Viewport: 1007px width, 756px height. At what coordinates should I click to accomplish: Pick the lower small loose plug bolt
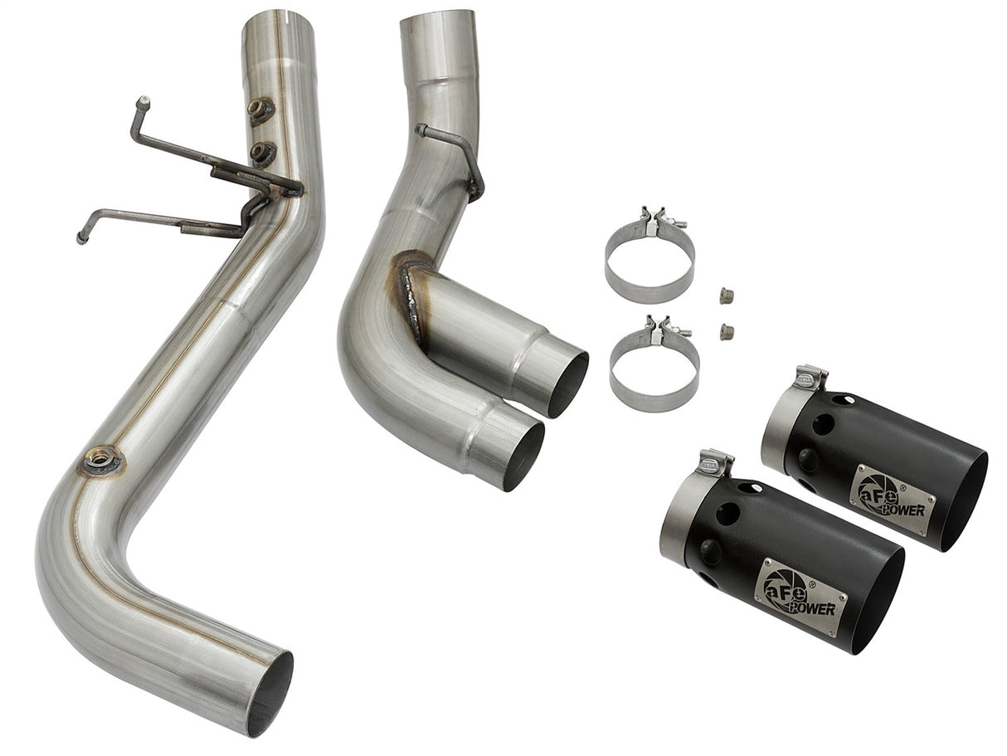(727, 332)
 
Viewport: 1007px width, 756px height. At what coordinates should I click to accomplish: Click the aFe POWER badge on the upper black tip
(892, 499)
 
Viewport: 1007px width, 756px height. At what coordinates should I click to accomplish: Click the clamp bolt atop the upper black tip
(810, 378)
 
